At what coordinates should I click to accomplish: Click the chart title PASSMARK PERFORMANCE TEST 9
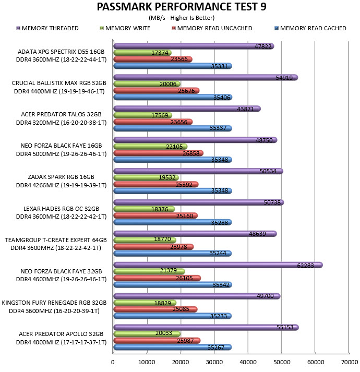[182, 7]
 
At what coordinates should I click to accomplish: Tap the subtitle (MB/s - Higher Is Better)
[182, 18]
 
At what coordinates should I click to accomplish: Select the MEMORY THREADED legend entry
[47, 28]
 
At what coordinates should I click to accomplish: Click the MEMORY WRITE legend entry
[125, 28]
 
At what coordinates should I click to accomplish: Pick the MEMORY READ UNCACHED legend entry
[212, 28]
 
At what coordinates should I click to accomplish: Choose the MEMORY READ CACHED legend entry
[310, 28]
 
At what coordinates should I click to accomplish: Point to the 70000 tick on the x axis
[350, 362]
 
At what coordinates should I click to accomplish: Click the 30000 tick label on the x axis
[214, 362]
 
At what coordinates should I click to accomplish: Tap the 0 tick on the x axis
[113, 362]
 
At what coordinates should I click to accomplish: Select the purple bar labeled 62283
[218, 265]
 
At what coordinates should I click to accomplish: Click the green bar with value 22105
[150, 147]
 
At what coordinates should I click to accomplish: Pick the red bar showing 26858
[159, 153]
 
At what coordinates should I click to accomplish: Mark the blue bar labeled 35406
[173, 97]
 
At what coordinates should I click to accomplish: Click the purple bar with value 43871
[187, 109]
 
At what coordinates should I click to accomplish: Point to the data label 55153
[285, 327]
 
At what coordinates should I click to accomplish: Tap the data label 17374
[160, 53]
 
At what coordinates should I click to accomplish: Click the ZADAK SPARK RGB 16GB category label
[61, 177]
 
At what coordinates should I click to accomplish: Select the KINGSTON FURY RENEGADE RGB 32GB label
[54, 303]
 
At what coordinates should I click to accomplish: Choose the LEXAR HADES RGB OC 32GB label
[61, 209]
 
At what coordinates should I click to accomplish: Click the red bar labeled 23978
[153, 247]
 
